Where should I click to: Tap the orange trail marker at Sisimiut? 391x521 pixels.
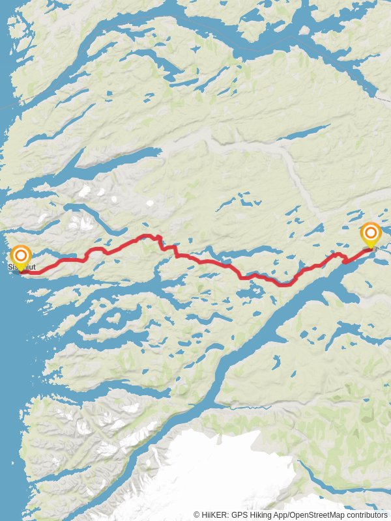click(x=21, y=256)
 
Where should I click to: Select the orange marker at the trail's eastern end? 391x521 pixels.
click(x=371, y=234)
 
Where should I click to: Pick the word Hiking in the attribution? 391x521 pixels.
click(x=259, y=514)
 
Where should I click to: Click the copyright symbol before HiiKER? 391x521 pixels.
click(x=197, y=514)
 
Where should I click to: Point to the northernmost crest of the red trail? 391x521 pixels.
click(x=149, y=236)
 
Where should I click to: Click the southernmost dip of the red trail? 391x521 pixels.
click(x=284, y=285)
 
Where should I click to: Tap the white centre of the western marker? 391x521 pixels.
click(x=21, y=255)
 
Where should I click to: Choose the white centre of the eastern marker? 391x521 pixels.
click(x=371, y=232)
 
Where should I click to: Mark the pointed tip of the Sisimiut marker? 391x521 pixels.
click(x=21, y=271)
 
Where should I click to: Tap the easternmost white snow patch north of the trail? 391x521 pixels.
click(x=150, y=203)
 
